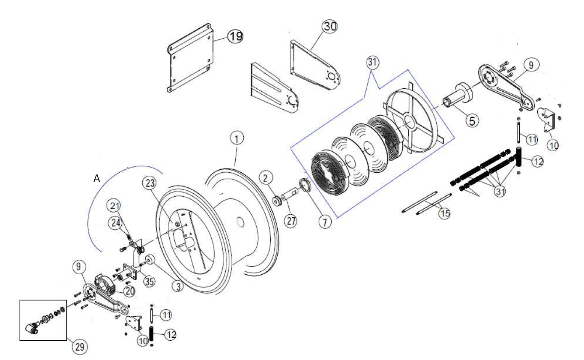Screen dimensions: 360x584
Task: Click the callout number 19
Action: point(235,36)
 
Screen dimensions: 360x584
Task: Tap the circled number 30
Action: point(330,27)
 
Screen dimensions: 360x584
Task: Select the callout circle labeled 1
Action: point(237,138)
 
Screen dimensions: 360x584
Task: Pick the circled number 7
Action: point(324,222)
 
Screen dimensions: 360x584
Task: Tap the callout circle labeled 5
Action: point(472,121)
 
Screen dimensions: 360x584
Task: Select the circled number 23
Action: point(149,183)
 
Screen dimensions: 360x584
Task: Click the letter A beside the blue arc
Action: point(97,179)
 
